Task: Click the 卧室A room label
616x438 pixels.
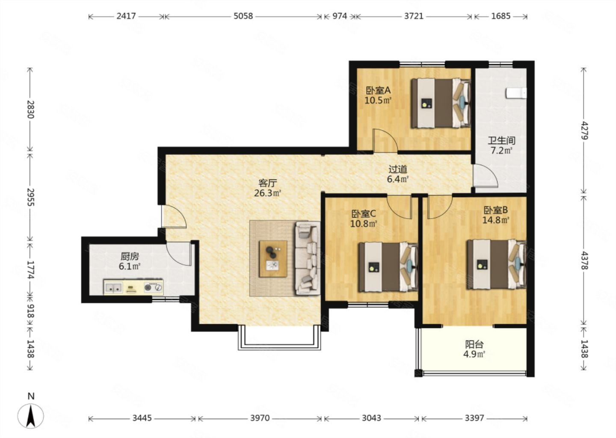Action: point(378,90)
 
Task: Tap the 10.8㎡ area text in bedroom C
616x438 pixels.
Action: point(363,224)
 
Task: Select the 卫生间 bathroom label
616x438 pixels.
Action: point(502,140)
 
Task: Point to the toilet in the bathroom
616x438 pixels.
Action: point(516,93)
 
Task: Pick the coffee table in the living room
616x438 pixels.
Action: point(273,259)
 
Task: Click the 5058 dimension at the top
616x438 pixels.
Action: point(243,16)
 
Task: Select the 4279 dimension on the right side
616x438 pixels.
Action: point(584,130)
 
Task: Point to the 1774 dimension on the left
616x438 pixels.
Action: point(30,270)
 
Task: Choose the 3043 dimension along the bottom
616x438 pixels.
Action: point(371,418)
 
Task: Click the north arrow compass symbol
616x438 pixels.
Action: point(30,416)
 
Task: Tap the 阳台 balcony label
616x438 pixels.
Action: point(474,344)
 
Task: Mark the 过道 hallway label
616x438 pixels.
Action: point(398,169)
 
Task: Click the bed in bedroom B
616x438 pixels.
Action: point(497,264)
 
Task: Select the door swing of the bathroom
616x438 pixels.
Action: point(486,176)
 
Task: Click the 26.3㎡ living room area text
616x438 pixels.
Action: point(267,193)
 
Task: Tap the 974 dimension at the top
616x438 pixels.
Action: point(340,16)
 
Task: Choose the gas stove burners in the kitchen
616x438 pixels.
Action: point(154,287)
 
